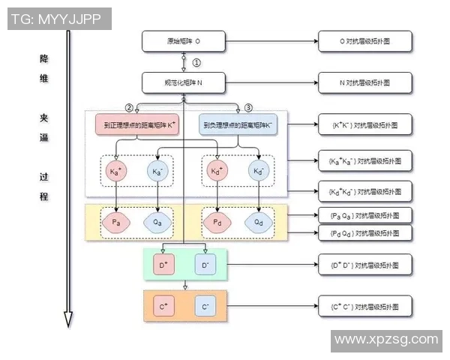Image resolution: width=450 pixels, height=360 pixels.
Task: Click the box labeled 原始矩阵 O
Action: coord(184,41)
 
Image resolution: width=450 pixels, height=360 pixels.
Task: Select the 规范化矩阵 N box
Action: coord(184,82)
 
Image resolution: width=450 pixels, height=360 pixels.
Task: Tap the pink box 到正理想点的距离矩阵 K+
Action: coord(136,124)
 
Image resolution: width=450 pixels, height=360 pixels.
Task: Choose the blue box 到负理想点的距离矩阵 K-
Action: coord(239,124)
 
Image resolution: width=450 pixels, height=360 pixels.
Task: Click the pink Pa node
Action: coord(116,222)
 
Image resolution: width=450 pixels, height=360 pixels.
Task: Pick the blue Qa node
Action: coord(157,222)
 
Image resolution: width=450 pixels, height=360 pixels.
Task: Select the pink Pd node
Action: coord(217,222)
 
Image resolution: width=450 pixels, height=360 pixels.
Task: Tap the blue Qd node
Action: coord(259,222)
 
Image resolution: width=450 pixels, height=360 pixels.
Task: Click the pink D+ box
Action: coord(163,265)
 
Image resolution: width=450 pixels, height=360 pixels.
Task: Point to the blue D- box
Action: coord(205,265)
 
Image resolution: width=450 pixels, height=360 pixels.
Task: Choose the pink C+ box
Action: coord(163,307)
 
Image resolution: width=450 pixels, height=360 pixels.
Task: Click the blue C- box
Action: coord(205,307)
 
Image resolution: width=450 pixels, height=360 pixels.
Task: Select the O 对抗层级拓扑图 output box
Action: coord(364,41)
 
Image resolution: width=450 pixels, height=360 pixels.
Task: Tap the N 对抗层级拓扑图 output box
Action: coord(364,82)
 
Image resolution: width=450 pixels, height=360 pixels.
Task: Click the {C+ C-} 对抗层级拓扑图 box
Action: coord(364,307)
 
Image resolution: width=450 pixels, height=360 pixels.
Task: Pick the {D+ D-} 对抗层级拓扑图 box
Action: coord(364,265)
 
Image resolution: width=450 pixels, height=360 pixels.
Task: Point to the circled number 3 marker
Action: coord(249,107)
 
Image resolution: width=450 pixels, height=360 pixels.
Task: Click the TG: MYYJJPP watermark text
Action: coord(56,19)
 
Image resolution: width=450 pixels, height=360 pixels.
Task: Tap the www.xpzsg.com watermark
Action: coord(385,340)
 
